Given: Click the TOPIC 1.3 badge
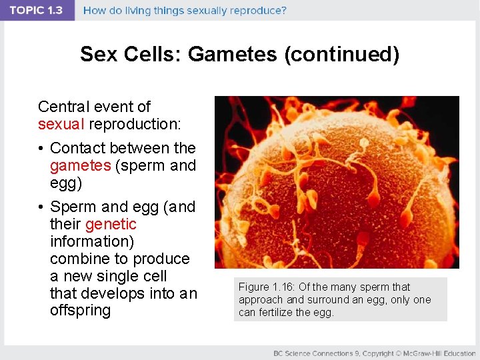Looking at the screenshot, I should click(x=37, y=11).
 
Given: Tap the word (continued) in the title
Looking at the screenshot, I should click(x=342, y=54).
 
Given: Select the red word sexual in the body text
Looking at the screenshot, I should click(x=61, y=124).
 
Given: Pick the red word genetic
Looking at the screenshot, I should click(x=111, y=224).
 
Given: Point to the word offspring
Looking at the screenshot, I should click(x=80, y=311).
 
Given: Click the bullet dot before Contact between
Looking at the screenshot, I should click(x=41, y=148).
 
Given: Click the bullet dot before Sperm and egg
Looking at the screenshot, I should click(x=41, y=207).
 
